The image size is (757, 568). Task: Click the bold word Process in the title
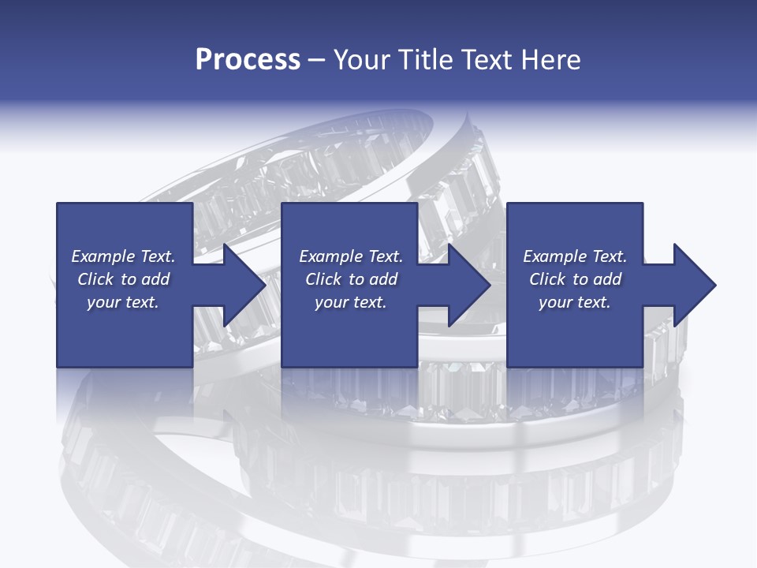coord(248,60)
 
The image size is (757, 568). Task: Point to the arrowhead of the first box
coord(244,285)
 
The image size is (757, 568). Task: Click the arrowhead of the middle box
coord(470,285)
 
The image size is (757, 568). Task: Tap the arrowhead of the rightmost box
coord(695,285)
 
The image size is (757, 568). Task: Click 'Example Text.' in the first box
coord(123,256)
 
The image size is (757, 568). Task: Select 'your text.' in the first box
coord(123,302)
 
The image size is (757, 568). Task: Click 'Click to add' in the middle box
coord(351,279)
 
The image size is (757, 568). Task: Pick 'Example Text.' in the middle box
coord(351,256)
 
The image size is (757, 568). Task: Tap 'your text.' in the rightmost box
coord(574,302)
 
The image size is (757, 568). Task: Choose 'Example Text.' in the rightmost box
coord(574,256)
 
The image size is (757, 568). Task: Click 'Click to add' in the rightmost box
coord(574,279)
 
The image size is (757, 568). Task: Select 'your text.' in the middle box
coord(351,302)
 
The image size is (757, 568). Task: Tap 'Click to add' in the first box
coord(123,279)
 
